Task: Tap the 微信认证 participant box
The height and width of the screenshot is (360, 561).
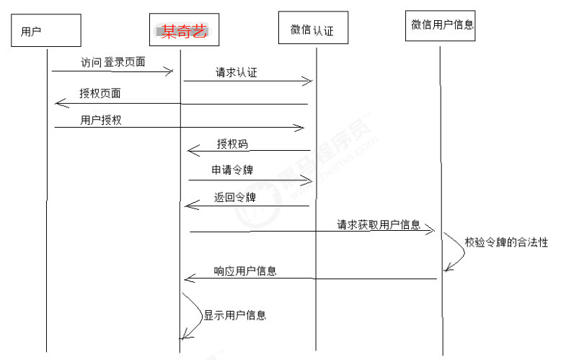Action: coord(312,30)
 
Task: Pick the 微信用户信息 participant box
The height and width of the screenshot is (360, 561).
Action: coord(442,25)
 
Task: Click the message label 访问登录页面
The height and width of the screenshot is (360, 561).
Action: coord(113,63)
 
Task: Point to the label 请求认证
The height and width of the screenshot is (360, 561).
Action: coord(237,72)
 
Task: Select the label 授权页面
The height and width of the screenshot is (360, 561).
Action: coord(100,94)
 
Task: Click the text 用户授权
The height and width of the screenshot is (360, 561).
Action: coord(101,120)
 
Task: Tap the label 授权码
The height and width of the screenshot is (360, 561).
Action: coord(232,144)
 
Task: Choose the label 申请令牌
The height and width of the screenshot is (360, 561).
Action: coord(232,170)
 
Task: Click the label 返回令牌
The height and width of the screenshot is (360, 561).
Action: coord(234,197)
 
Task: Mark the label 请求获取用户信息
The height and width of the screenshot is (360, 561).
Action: coord(379,224)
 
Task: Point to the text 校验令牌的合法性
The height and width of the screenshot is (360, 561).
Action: coord(506,242)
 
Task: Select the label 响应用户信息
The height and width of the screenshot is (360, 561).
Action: coord(245,271)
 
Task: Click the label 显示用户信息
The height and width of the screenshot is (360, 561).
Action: coord(234,315)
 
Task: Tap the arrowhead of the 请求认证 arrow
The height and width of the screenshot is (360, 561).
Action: coord(308,82)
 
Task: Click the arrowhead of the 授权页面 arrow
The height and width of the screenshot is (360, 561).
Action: coord(59,104)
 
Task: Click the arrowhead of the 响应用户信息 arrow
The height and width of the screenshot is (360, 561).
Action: coord(189,278)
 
